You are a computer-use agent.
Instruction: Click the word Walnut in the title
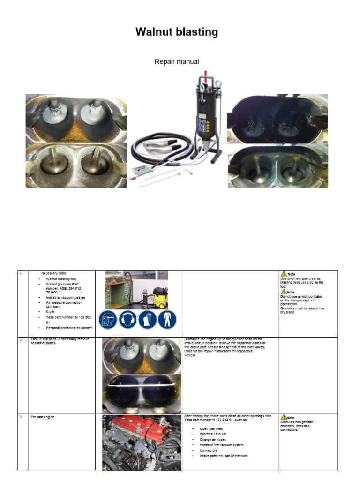152,32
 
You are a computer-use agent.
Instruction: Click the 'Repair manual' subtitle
177,61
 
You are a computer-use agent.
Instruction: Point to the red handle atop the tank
205,75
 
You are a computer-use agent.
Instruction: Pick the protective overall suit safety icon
167,322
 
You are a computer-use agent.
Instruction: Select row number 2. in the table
21,340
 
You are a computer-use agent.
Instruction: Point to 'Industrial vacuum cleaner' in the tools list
66,297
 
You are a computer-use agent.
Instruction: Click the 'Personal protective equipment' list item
69,328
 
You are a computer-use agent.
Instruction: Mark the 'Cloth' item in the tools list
50,312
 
